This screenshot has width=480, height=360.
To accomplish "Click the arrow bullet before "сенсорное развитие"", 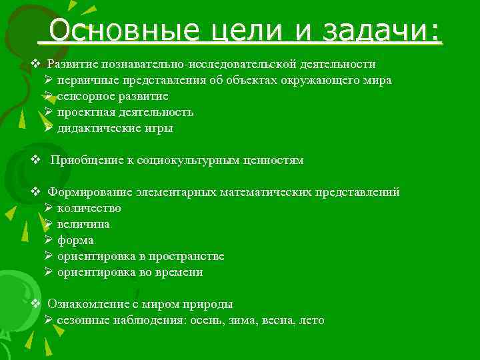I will point(49,97).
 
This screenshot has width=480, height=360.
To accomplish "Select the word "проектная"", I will point(81,113).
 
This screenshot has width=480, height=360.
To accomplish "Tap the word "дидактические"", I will point(95,129).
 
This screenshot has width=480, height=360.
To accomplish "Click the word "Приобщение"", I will point(83,161).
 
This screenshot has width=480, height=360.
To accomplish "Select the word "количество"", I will point(89,209).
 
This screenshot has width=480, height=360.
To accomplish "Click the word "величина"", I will point(83,225).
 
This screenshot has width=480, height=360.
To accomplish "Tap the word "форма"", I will point(75,241).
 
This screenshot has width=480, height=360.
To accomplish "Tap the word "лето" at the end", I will point(311,321).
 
